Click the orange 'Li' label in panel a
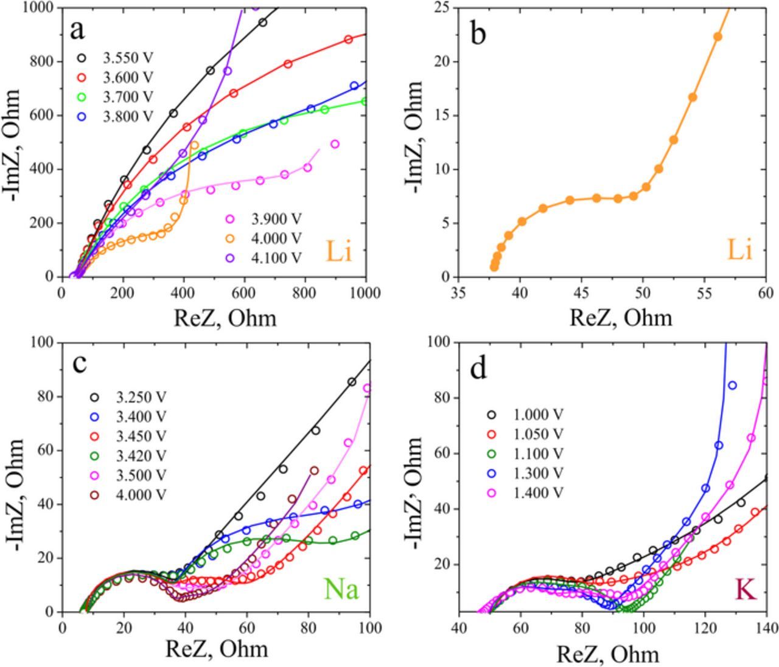[339, 251]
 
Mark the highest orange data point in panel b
[718, 36]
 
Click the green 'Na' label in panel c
[341, 589]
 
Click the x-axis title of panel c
[217, 649]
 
